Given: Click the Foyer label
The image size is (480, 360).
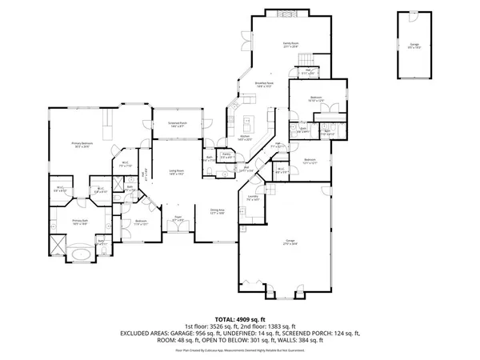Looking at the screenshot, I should point(178,217).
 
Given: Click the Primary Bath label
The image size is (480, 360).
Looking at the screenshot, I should point(79,222).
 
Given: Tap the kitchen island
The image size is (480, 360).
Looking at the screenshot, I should point(248,125).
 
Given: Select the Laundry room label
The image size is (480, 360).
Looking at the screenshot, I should point(252,198).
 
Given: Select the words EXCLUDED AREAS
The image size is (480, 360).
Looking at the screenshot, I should point(147,333).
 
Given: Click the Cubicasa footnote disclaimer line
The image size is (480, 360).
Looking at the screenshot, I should point(239,350).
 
